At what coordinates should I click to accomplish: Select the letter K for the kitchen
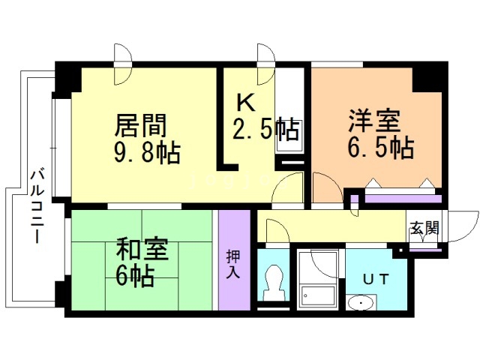(x=245, y=102)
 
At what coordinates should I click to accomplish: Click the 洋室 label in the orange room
(x=373, y=120)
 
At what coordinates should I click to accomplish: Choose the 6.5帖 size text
(x=380, y=146)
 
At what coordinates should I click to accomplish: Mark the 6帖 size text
(x=134, y=277)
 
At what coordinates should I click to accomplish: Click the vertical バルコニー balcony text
(x=35, y=207)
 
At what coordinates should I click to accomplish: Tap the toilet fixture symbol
(x=274, y=283)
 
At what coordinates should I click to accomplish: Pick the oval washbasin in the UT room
(x=364, y=304)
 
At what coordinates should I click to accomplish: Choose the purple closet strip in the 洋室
(x=397, y=200)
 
